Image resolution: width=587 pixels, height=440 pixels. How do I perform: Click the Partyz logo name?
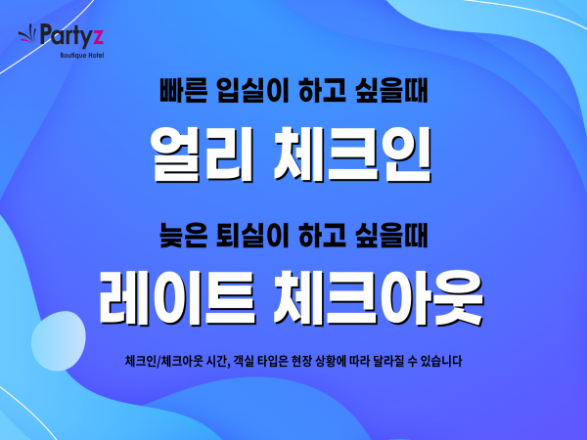coord(71,35)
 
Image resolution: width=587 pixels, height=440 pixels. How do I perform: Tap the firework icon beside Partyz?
coord(27,34)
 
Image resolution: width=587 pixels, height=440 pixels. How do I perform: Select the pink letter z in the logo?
coord(97,37)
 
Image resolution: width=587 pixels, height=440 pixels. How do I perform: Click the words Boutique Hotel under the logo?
coord(82,56)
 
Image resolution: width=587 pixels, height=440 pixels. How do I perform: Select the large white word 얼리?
coord(203,154)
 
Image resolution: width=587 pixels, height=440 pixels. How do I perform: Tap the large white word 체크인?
coord(352,154)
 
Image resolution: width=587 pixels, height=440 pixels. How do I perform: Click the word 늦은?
coord(184,236)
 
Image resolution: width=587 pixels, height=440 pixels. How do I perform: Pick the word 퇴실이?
coord(252,236)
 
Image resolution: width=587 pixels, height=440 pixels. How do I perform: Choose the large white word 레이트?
coord(178,298)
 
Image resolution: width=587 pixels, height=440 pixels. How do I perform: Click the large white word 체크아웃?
coord(379,298)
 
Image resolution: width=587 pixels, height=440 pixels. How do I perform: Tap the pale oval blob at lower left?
coord(59,341)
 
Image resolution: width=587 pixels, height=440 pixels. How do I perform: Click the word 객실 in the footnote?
coord(244,361)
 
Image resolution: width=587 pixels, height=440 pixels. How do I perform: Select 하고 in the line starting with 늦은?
coord(322,236)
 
